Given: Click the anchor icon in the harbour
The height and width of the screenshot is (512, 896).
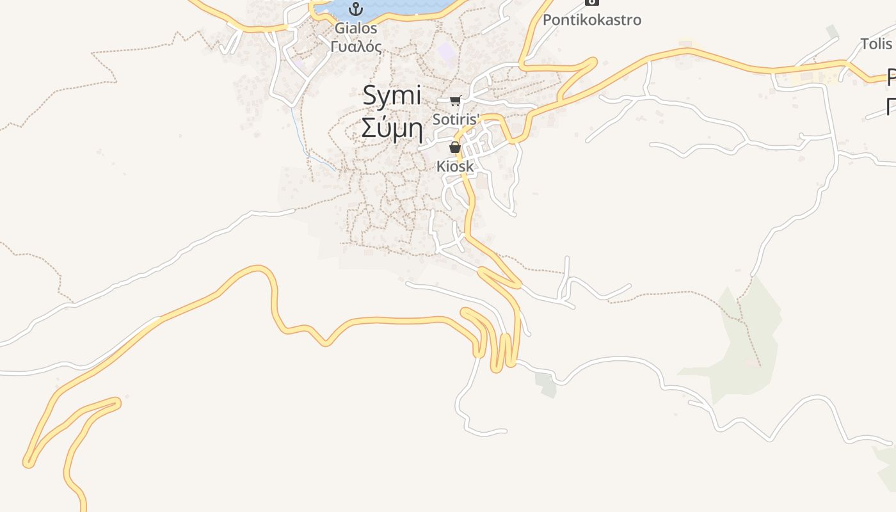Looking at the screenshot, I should click(356, 9).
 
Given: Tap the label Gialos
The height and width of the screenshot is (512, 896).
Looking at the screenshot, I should click(356, 28).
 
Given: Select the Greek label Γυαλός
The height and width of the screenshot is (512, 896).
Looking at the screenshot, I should click(356, 46).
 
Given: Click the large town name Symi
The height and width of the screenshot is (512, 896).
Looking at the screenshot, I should click(392, 97).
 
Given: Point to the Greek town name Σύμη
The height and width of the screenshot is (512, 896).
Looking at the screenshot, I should click(392, 127).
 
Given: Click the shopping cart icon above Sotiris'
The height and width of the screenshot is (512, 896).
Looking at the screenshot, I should click(455, 100).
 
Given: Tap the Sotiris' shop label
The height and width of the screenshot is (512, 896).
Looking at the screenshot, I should click(456, 119).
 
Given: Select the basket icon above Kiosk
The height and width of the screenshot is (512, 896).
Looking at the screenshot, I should click(455, 148).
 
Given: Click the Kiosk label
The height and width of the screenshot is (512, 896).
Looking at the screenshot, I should click(455, 166).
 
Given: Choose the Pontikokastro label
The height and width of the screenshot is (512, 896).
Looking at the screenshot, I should click(591, 20).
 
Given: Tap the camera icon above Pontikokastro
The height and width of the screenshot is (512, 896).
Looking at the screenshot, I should click(592, 3).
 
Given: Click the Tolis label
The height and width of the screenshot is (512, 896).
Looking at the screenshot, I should click(876, 44).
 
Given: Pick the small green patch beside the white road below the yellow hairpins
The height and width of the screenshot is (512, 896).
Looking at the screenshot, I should click(546, 383).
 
